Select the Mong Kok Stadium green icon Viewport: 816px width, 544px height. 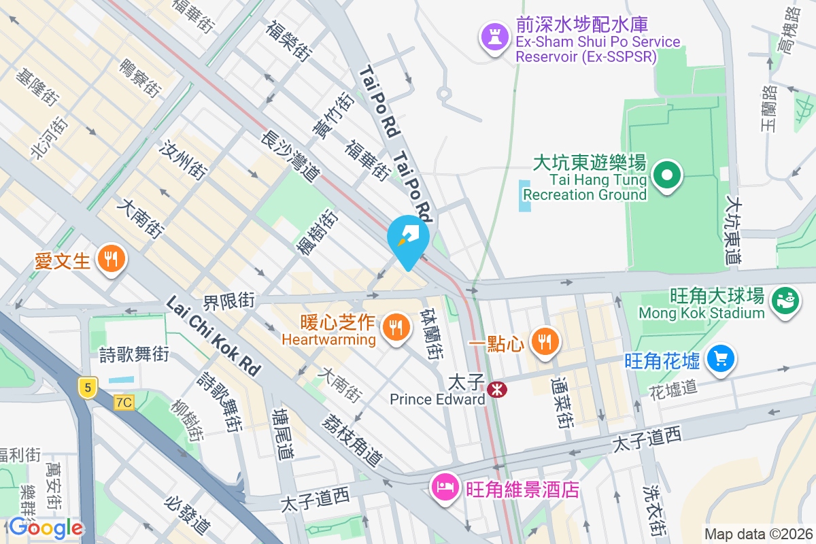(x=784, y=303)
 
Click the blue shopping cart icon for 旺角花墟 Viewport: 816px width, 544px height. (x=720, y=358)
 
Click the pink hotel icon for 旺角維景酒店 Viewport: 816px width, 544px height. (x=445, y=488)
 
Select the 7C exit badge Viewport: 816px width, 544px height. (x=124, y=403)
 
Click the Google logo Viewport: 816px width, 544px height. (x=46, y=528)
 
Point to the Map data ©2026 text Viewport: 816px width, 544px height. (x=758, y=534)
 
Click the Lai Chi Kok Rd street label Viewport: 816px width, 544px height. (x=212, y=335)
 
